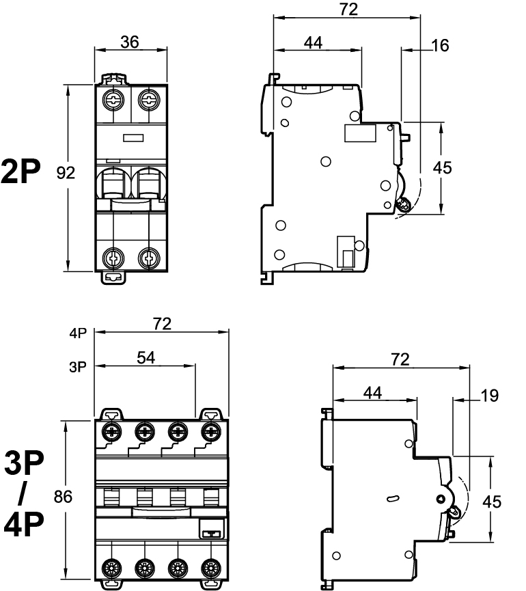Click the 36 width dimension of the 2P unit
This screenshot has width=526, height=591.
click(129, 42)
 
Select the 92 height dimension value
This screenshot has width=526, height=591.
click(66, 174)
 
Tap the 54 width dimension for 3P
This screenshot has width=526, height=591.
click(146, 358)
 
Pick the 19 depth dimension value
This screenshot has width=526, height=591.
click(489, 395)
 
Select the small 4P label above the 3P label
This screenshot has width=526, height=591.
click(77, 334)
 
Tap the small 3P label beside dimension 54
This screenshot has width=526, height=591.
click(77, 367)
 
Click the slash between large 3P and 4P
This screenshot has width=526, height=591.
click(23, 495)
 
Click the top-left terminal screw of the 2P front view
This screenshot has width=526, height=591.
click(111, 101)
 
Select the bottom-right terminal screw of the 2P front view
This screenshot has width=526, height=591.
click(148, 257)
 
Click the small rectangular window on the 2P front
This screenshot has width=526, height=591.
click(132, 137)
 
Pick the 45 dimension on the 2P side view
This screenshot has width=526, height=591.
click(443, 168)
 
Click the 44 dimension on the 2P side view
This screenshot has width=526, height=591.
click(313, 42)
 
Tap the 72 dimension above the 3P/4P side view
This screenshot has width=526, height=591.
click(400, 359)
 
